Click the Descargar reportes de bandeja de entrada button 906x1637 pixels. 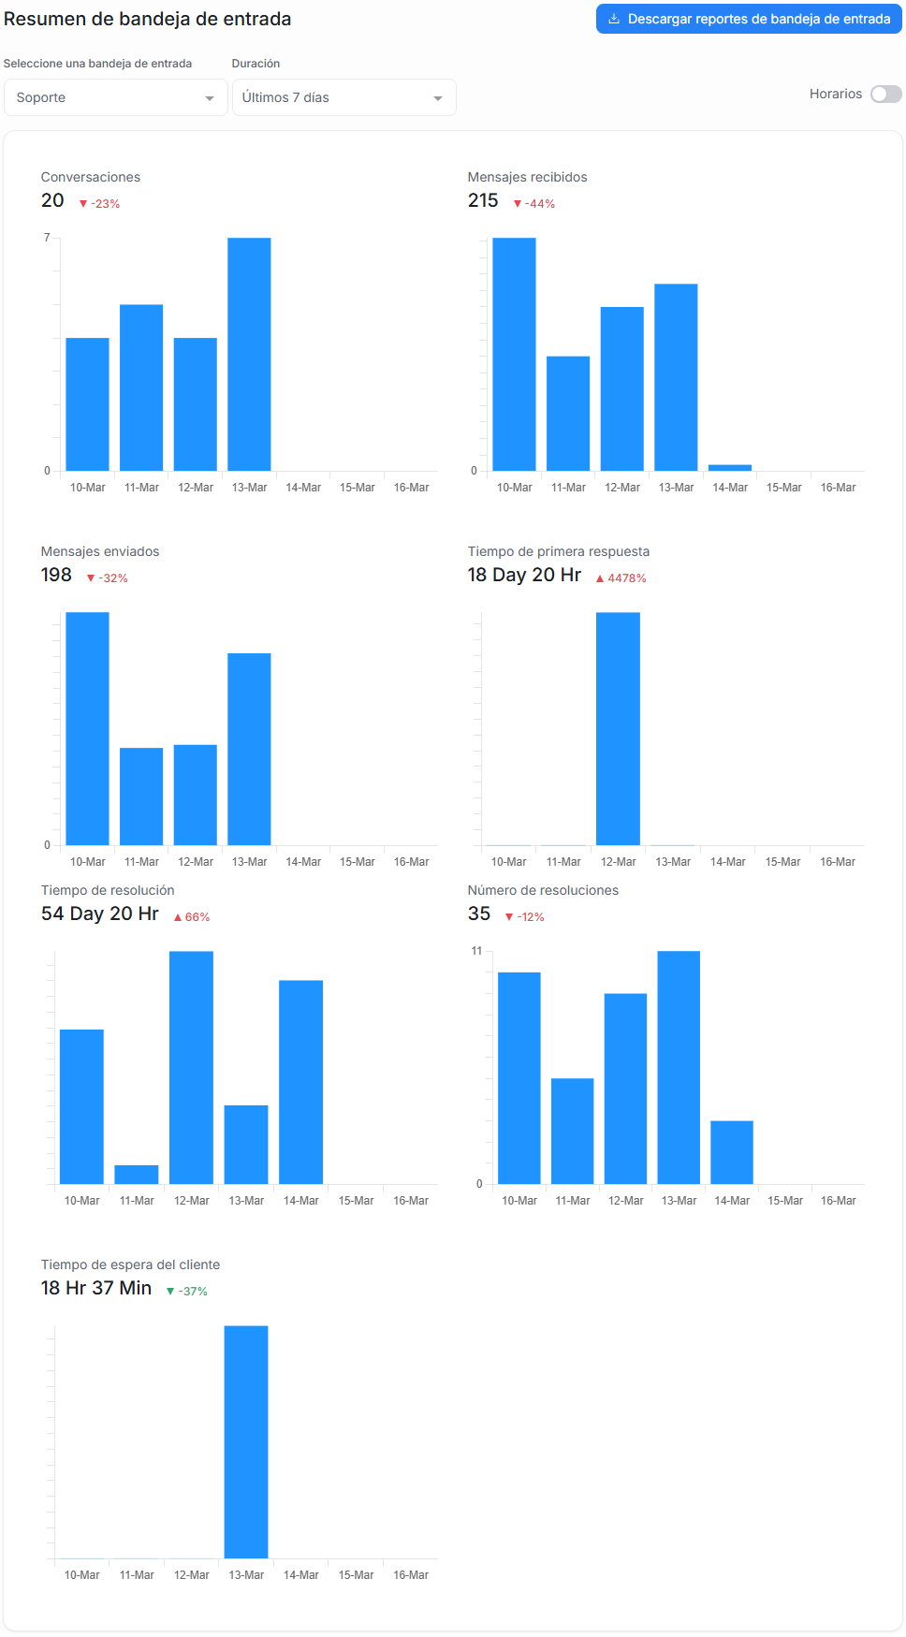click(749, 19)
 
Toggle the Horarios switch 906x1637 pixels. click(885, 94)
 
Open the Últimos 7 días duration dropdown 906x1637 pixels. click(343, 97)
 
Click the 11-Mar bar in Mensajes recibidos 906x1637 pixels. click(568, 413)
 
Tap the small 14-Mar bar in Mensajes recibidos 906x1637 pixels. click(730, 467)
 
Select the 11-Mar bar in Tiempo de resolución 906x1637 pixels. click(137, 1174)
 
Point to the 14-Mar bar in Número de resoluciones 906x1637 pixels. click(732, 1152)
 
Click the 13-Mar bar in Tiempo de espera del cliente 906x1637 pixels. click(246, 1441)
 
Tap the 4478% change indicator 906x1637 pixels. click(621, 578)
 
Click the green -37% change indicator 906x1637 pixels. click(187, 1292)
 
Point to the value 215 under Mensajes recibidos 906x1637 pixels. click(483, 200)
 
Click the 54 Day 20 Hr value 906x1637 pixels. click(100, 914)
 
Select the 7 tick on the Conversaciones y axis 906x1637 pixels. click(47, 238)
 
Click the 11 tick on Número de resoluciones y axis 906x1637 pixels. click(476, 951)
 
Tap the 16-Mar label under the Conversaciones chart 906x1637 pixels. click(411, 488)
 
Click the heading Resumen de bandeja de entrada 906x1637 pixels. click(148, 19)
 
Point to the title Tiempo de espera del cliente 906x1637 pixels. click(130, 1264)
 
